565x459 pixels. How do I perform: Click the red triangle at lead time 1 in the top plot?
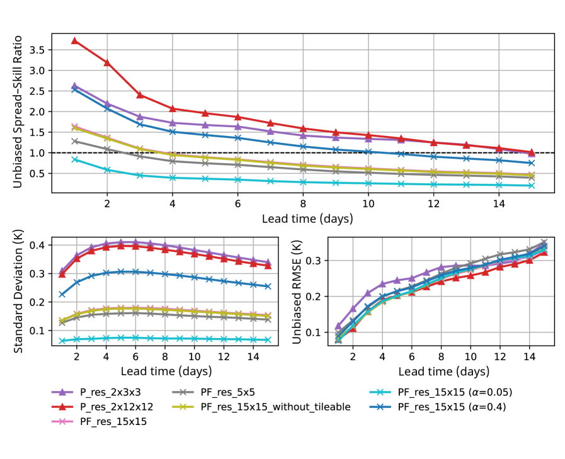point(74,40)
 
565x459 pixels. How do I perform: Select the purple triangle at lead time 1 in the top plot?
point(74,86)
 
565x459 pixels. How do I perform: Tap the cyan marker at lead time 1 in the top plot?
point(74,159)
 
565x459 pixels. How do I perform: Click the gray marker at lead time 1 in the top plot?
point(74,141)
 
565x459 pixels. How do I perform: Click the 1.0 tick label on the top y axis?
point(39,153)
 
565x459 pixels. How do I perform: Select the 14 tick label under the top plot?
point(498,204)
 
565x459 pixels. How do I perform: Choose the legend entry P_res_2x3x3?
point(114,393)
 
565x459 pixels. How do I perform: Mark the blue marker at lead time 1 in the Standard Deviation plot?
point(62,294)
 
